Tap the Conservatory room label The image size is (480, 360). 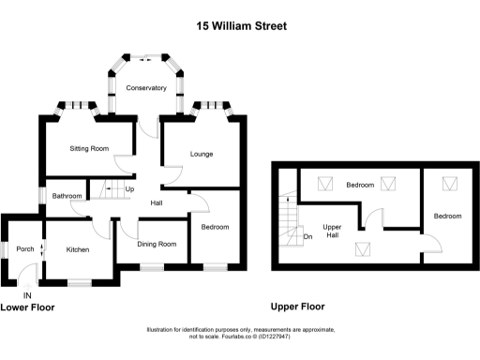pos(146,88)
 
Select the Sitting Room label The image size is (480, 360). pos(90,148)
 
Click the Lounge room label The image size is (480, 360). pos(201,154)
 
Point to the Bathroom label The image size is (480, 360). pos(67,196)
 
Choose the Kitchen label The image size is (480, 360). pos(77,249)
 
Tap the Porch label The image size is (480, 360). pos(25,249)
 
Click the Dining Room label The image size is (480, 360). pos(157,245)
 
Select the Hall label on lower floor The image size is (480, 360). pos(157,203)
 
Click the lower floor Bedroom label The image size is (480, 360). pos(215,227)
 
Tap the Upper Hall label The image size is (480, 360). pos(332,232)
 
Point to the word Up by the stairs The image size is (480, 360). pos(129,189)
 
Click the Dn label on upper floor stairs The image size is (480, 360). pos(307,236)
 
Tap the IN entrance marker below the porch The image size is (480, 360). pos(26,296)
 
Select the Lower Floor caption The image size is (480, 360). pos(27,307)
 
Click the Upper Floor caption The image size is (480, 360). pos(297,307)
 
